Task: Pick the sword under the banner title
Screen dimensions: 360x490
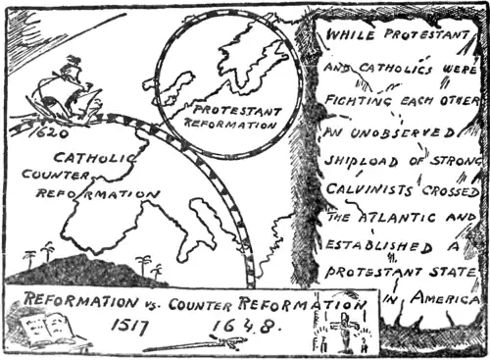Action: coord(196,343)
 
